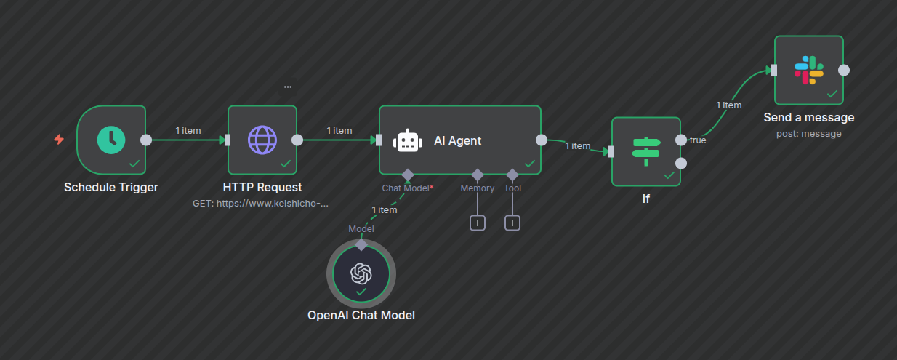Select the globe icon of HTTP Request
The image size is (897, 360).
(262, 140)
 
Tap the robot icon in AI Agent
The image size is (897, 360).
(408, 140)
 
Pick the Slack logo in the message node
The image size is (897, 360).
(808, 70)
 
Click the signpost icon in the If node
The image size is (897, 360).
(645, 151)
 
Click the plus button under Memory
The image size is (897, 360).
(478, 223)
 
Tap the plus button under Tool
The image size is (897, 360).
(512, 223)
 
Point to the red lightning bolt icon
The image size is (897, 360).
(59, 139)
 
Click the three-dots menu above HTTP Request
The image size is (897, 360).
(288, 87)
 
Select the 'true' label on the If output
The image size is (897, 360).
(698, 140)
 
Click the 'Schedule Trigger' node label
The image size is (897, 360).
(111, 187)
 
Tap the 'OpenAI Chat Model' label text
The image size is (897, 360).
(361, 315)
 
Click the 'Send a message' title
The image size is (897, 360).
(809, 117)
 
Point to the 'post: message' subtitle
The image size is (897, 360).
(809, 133)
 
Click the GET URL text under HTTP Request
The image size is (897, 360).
(261, 204)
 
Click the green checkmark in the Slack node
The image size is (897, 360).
(832, 94)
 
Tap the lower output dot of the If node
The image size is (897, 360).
(681, 163)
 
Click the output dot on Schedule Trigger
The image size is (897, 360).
(146, 140)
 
